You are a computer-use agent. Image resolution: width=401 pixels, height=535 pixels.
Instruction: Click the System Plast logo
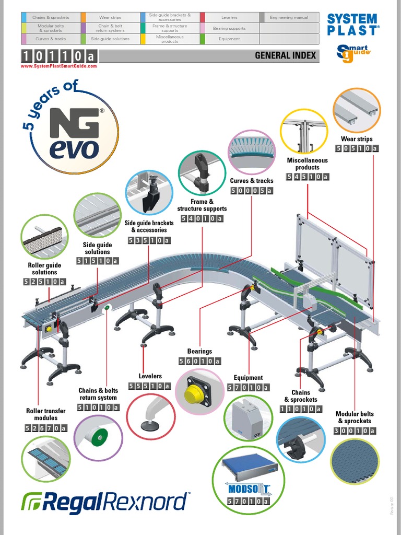pyautogui.click(x=353, y=24)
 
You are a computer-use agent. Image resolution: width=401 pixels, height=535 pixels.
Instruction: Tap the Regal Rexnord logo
pyautogui.click(x=105, y=502)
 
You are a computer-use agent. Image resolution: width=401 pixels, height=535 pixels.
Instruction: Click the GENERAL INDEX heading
pyautogui.click(x=285, y=55)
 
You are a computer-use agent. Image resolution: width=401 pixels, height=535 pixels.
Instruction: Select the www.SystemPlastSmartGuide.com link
pyautogui.click(x=59, y=66)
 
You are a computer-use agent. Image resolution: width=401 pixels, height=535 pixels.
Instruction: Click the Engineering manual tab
pyautogui.click(x=289, y=18)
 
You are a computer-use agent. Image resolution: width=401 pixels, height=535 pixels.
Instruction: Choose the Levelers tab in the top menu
pyautogui.click(x=229, y=18)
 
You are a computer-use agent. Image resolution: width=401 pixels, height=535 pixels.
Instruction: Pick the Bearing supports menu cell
pyautogui.click(x=229, y=28)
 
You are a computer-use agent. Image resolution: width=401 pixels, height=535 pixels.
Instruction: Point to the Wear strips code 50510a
pyautogui.click(x=357, y=148)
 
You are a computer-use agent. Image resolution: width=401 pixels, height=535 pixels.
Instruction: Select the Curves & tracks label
pyautogui.click(x=252, y=181)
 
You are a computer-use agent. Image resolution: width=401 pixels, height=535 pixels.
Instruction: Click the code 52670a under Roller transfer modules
pyautogui.click(x=46, y=429)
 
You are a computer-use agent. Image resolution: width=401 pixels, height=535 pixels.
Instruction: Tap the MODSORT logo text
pyautogui.click(x=249, y=489)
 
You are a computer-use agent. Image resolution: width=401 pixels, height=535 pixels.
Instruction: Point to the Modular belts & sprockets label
pyautogui.click(x=355, y=417)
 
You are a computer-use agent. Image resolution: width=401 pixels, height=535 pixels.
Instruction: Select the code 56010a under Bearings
pyautogui.click(x=200, y=362)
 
